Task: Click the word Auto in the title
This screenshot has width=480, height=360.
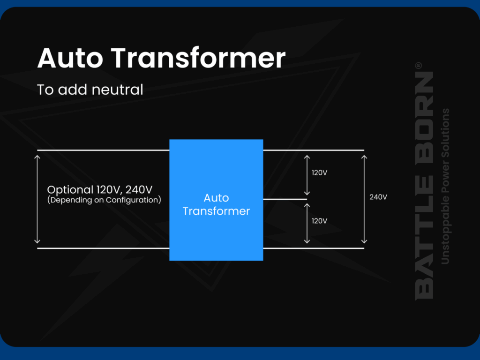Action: click(x=71, y=59)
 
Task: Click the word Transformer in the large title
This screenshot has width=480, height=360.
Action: click(x=198, y=59)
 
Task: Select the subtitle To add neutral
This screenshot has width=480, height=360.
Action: click(x=90, y=90)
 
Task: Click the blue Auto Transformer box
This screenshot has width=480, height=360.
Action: click(x=216, y=200)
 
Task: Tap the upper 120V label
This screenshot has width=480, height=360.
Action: click(x=319, y=172)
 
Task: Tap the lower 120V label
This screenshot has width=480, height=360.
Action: click(x=319, y=221)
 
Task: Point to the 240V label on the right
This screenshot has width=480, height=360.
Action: click(x=378, y=197)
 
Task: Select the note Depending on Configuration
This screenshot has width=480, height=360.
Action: click(x=104, y=200)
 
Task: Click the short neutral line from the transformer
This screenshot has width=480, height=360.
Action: click(x=284, y=199)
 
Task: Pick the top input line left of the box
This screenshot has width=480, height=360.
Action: click(x=103, y=150)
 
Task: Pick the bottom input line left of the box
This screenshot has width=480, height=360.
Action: click(x=103, y=248)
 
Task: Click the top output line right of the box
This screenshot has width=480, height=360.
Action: click(x=313, y=150)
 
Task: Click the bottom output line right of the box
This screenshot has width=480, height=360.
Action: click(x=313, y=248)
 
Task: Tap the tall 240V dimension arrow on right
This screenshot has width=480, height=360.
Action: click(x=364, y=199)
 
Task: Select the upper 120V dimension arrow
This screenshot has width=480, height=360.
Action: click(x=307, y=174)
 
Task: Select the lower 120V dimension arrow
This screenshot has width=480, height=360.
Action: click(x=307, y=223)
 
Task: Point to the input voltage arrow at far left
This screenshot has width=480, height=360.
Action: click(x=37, y=199)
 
